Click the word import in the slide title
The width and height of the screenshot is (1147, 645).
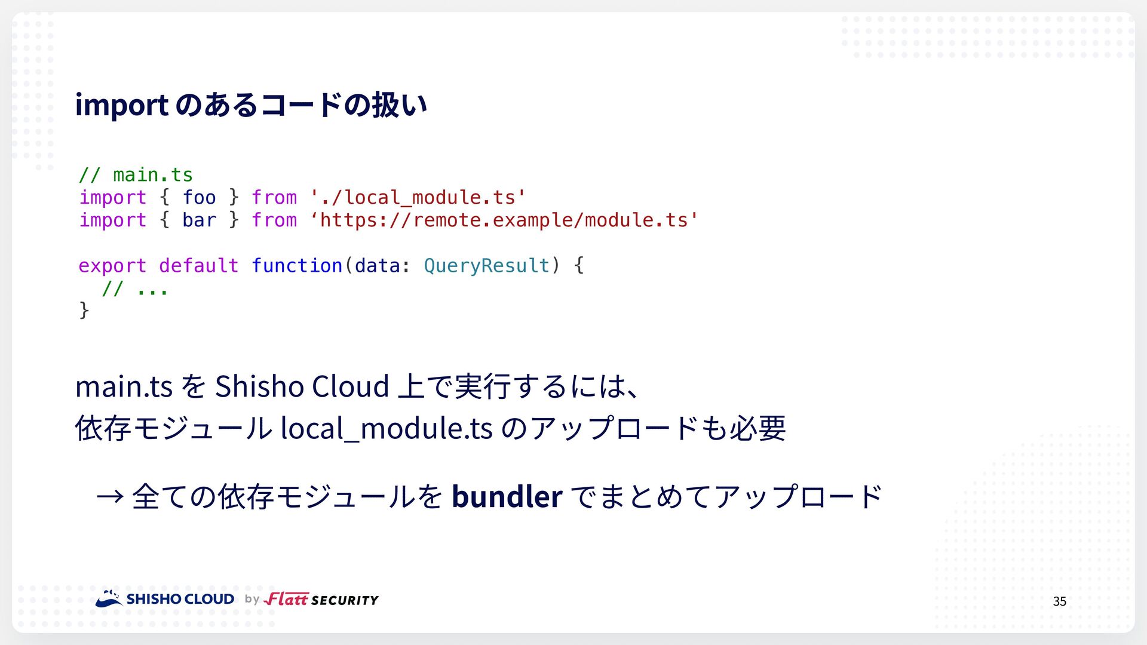click(122, 105)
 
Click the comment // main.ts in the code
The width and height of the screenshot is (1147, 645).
click(136, 175)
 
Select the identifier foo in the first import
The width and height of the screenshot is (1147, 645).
click(199, 198)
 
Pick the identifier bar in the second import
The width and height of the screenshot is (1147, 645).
click(199, 220)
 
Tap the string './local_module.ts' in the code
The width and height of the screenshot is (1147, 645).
click(418, 198)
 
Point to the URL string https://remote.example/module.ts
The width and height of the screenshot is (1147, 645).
click(504, 220)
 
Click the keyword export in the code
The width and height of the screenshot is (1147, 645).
click(112, 266)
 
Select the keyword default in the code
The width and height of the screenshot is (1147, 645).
click(199, 265)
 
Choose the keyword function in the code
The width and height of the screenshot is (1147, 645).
click(297, 265)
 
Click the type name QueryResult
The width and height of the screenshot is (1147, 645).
click(486, 266)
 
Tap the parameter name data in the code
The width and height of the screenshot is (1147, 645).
click(377, 265)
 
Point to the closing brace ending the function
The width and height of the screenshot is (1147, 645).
click(84, 311)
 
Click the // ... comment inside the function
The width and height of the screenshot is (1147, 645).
click(135, 288)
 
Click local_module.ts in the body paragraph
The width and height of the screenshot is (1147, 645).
click(387, 428)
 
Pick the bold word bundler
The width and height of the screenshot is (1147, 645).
click(507, 496)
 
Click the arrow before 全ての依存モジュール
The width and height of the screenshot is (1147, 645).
click(110, 496)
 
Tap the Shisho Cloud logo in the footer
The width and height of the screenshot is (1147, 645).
click(165, 598)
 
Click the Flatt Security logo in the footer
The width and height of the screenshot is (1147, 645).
click(321, 599)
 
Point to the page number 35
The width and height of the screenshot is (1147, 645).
click(1059, 601)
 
